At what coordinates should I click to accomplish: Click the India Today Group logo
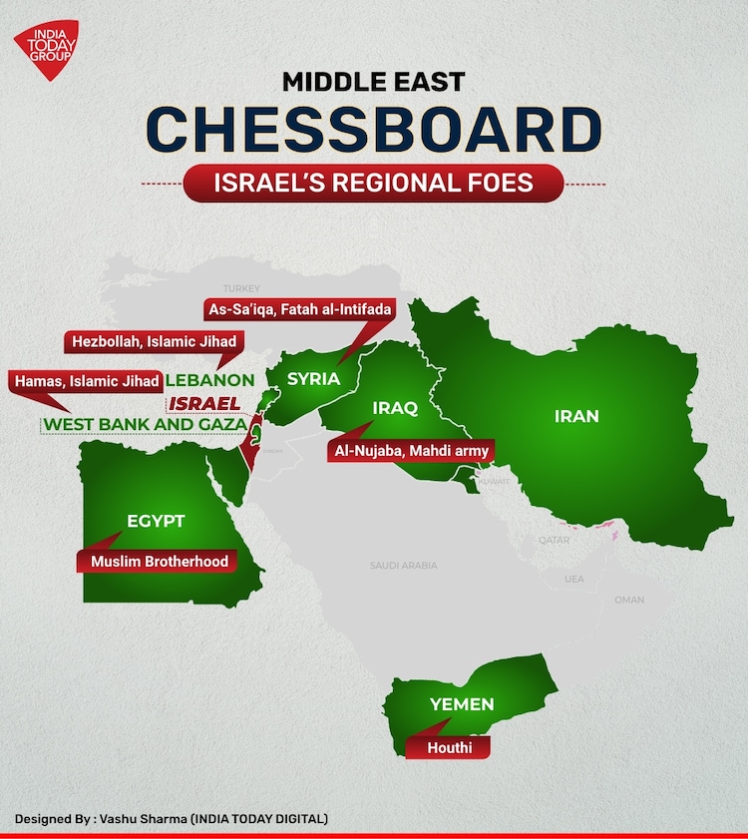click(44, 51)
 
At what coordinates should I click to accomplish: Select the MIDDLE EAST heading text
click(373, 80)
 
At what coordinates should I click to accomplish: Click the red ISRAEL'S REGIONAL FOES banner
click(373, 184)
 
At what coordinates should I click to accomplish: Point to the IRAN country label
click(576, 415)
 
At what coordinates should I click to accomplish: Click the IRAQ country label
click(394, 408)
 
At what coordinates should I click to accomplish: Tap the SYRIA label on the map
click(313, 379)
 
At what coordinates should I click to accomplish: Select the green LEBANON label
click(209, 380)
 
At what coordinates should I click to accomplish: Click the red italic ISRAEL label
click(204, 403)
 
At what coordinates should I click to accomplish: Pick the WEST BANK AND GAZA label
click(145, 425)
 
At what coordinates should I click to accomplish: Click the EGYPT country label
click(156, 521)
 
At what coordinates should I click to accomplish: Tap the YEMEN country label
click(462, 704)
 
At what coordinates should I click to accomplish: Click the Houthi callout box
click(449, 747)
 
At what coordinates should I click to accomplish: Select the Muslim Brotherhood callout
click(160, 561)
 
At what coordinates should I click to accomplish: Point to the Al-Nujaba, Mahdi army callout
click(409, 451)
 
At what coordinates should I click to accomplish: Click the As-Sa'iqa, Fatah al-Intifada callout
click(299, 308)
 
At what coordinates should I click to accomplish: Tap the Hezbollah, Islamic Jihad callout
click(154, 341)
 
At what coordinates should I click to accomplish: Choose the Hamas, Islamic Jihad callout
click(86, 380)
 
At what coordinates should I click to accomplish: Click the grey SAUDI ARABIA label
click(403, 566)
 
